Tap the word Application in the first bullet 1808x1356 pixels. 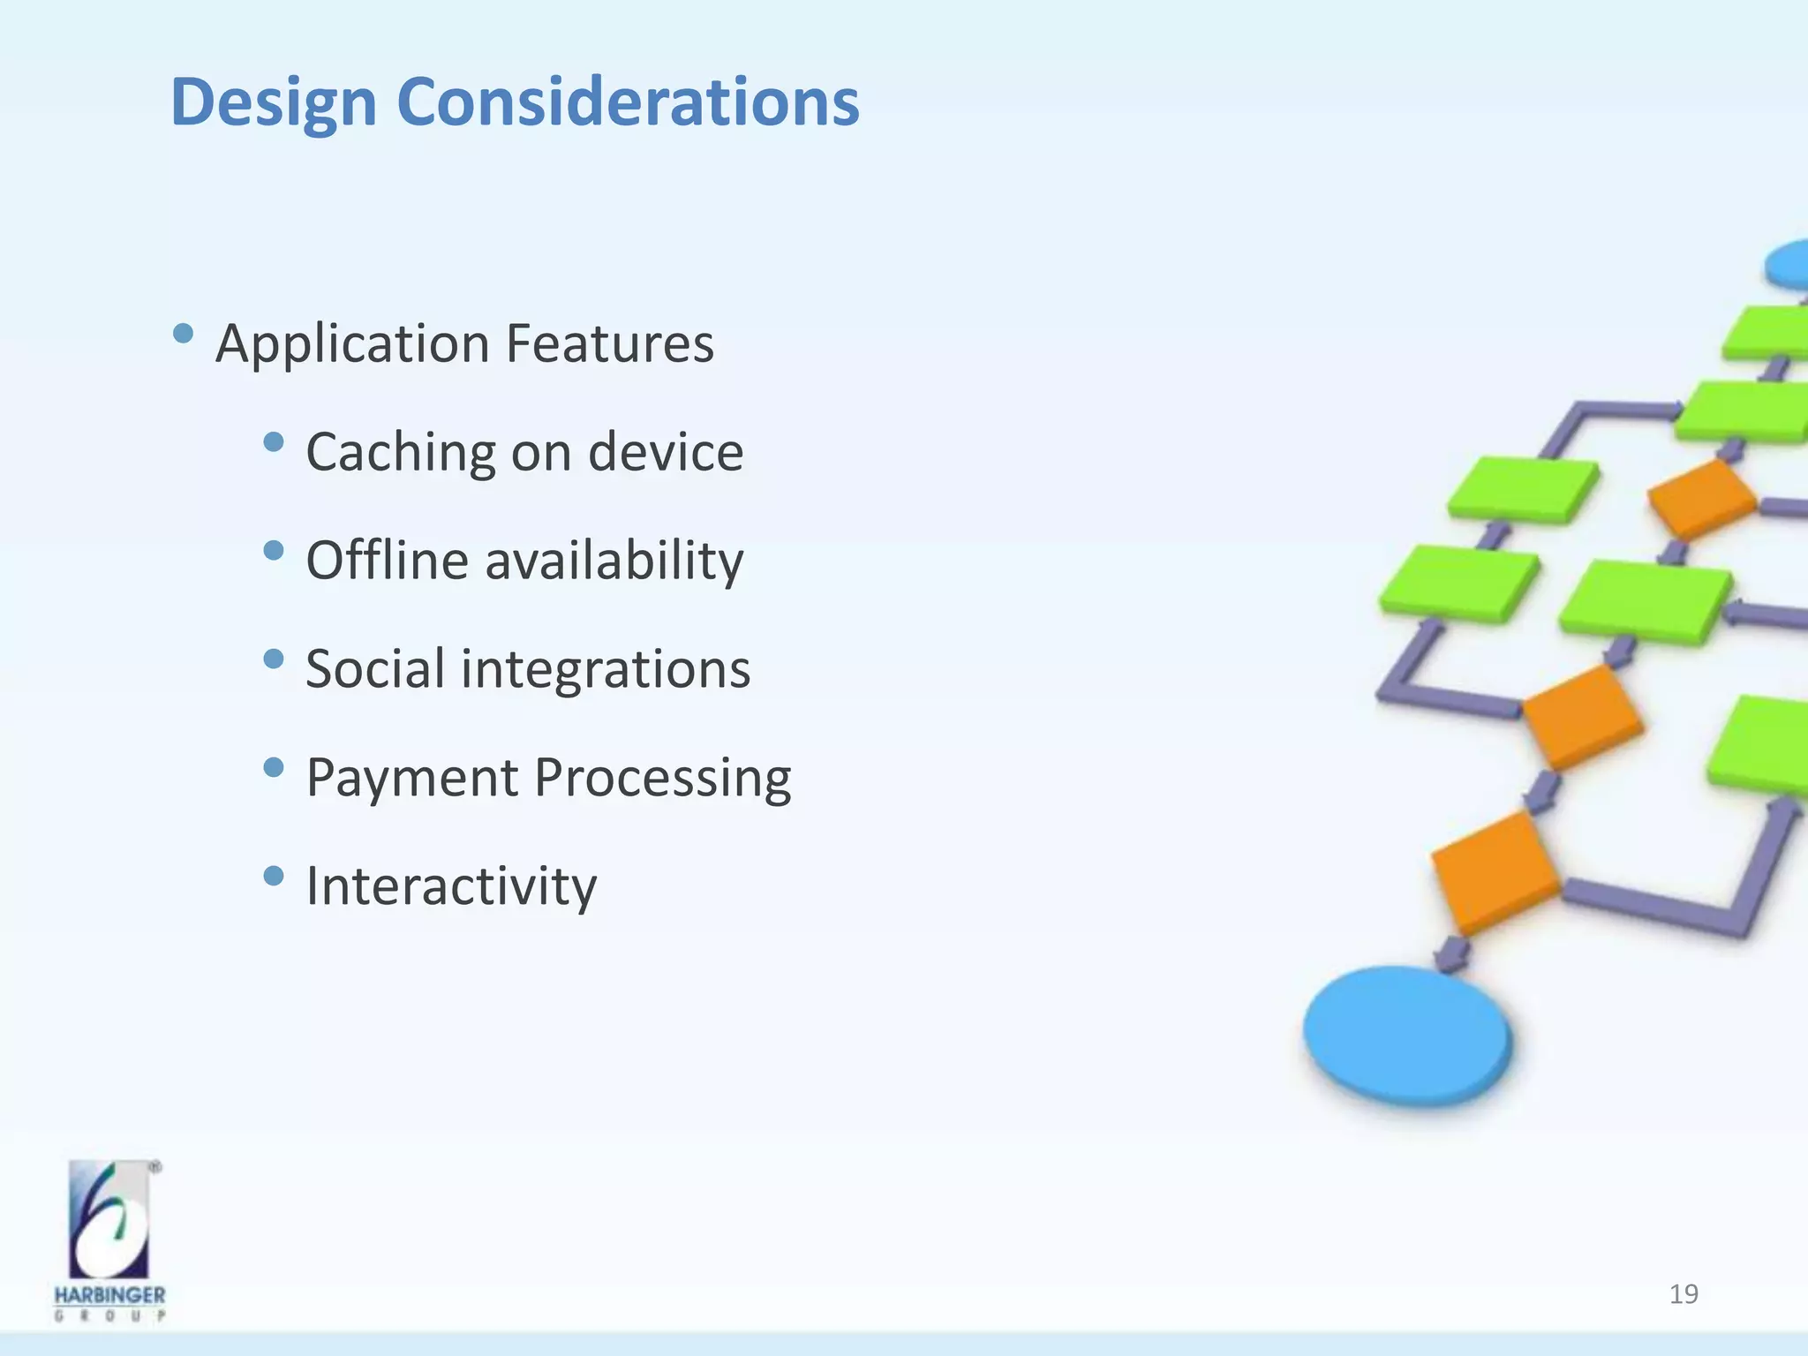[352, 343]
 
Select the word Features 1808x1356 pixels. [609, 343]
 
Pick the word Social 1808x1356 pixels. [374, 668]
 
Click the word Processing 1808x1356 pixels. [662, 779]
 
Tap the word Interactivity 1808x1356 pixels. [451, 885]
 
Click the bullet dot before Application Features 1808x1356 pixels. [184, 334]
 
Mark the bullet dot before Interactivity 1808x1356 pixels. [275, 876]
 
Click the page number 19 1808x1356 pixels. [1684, 1294]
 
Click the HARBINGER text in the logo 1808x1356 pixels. [109, 1295]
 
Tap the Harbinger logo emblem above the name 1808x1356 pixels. [109, 1219]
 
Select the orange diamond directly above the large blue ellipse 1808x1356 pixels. [1494, 871]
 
